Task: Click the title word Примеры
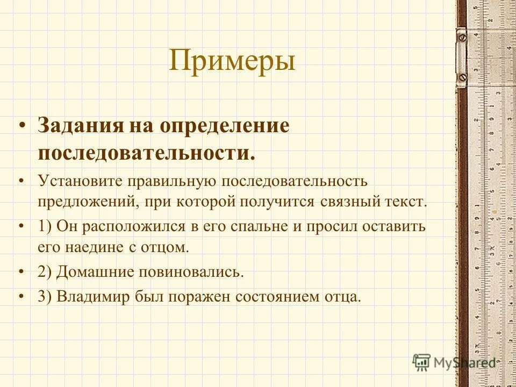coord(232,61)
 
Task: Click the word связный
coord(350,202)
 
